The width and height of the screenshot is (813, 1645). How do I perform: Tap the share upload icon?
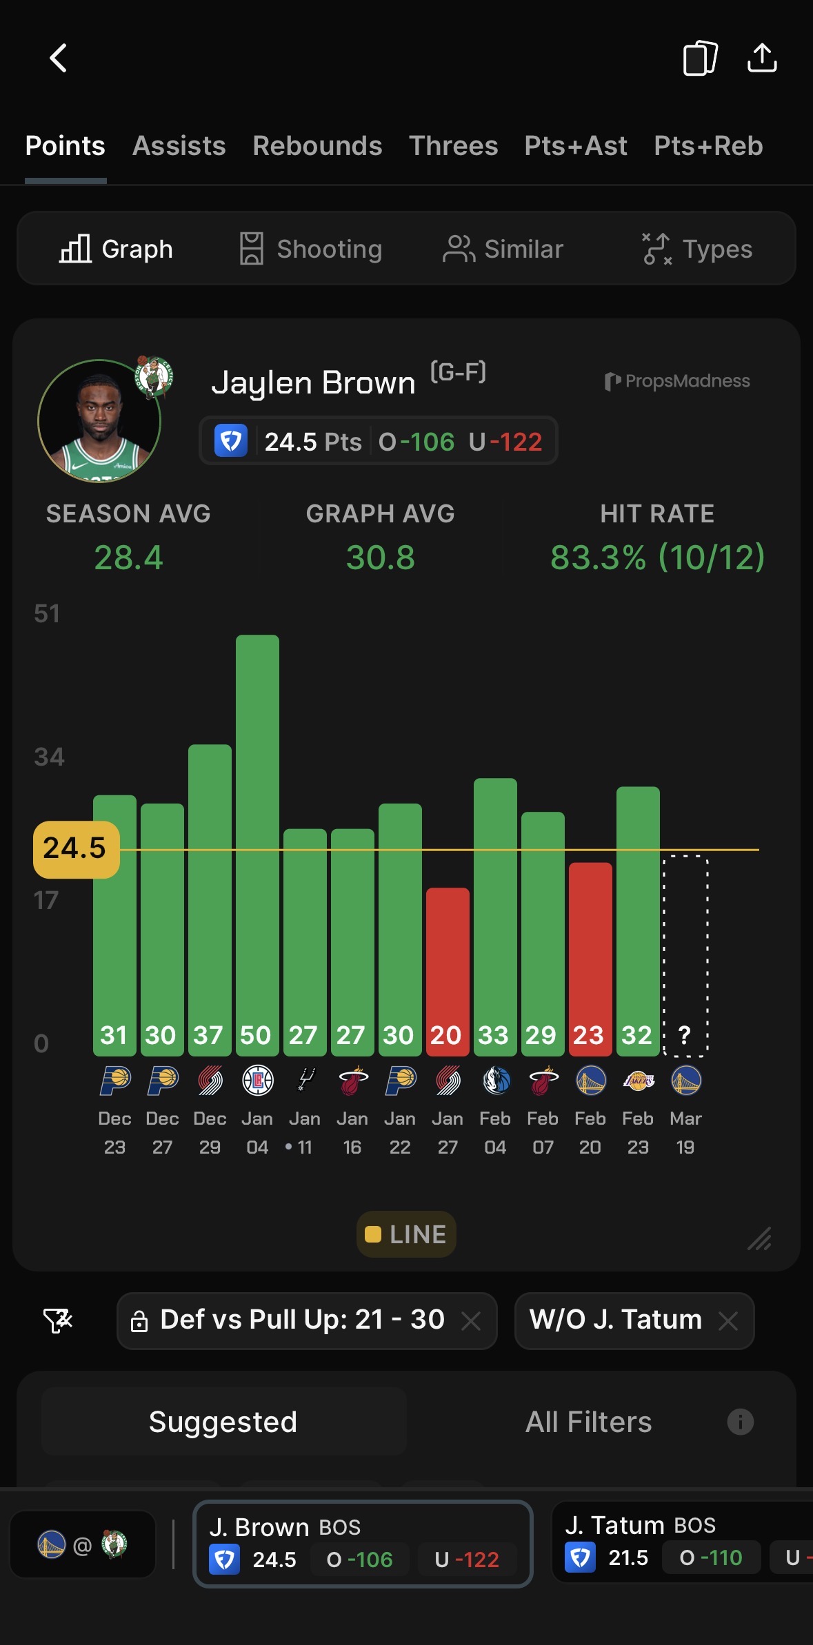point(762,58)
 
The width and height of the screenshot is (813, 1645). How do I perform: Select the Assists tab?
point(179,146)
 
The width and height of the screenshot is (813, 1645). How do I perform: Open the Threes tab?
point(453,146)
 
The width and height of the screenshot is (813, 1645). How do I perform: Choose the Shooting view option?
point(311,249)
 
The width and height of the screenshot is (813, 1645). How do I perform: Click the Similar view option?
point(503,249)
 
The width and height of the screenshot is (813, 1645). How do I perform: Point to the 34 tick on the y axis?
point(49,757)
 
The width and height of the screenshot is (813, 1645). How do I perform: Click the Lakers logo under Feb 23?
point(639,1081)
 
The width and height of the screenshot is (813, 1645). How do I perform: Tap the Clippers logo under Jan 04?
point(258,1081)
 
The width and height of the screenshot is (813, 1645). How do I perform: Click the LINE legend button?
point(406,1234)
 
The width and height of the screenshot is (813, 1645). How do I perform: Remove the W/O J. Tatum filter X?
point(728,1320)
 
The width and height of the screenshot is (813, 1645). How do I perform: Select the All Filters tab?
point(588,1422)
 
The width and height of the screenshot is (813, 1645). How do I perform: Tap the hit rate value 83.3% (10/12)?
point(657,558)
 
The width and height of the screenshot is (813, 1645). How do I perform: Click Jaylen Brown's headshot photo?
point(99,420)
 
